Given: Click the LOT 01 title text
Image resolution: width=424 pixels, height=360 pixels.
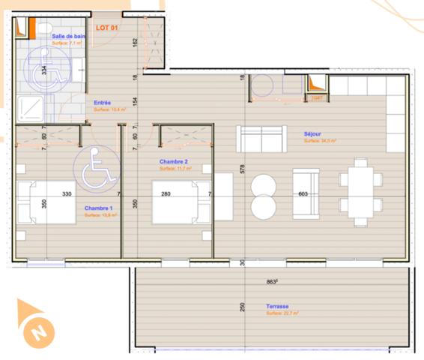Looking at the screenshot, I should coord(108,28).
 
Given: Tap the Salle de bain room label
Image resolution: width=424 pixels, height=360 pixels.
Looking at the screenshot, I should coord(68,36).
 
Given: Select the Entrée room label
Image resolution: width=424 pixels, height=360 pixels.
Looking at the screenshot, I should coord(103,103).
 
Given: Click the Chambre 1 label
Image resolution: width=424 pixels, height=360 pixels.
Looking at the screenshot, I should coord(99,208).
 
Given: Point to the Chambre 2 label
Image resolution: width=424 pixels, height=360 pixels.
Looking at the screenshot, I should coord(173,161).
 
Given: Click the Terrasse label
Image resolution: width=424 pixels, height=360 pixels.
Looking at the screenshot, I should coord(278,307).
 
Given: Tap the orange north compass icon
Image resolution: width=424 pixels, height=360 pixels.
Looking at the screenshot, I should coord(35,325).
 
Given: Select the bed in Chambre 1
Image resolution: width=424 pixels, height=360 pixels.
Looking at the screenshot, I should coord(48,202).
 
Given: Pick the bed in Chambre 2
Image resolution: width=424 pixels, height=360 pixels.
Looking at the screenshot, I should coord(178,202).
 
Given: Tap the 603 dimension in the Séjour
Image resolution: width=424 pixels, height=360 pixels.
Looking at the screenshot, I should coord(303,194).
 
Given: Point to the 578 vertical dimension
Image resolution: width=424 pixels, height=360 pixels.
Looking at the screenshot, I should coord(242,169).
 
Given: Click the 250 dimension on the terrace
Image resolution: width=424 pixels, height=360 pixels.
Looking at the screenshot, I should coord(242,307).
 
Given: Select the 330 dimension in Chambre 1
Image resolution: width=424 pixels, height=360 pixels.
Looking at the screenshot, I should coord(67,193).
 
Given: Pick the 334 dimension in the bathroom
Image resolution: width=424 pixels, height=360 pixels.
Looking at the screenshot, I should coord(44,70).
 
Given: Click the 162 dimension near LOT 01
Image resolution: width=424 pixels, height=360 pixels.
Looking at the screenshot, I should coord(134,43).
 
